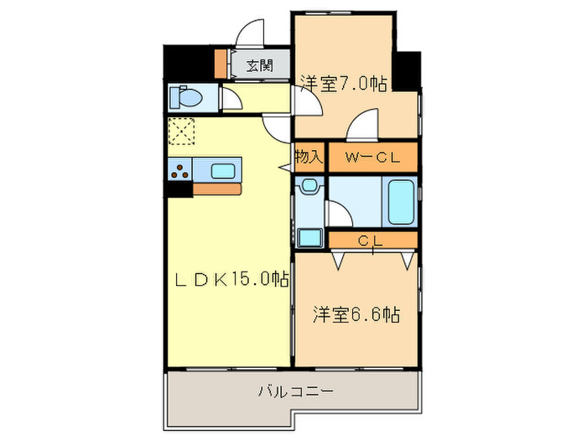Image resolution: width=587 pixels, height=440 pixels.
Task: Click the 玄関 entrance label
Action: click(258, 65)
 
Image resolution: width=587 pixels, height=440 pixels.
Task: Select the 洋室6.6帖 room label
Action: click(356, 316)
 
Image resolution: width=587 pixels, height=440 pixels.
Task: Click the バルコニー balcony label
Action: click(295, 391)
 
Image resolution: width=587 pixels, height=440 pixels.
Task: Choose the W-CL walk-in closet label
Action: click(371, 156)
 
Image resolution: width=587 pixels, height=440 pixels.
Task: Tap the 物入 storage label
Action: click(308, 156)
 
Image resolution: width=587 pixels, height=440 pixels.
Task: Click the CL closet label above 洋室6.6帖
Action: click(371, 241)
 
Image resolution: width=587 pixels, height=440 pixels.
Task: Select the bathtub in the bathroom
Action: click(401, 201)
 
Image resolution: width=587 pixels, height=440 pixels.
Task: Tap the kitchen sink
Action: click(223, 171)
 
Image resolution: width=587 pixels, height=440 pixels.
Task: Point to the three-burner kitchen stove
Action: click(179, 171)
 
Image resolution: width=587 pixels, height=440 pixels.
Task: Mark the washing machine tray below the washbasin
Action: click(309, 236)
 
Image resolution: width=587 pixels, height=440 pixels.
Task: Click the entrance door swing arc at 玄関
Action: click(250, 34)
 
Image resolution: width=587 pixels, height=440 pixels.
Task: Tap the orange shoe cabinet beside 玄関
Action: click(221, 64)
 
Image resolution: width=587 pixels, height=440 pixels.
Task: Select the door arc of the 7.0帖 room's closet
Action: click(362, 127)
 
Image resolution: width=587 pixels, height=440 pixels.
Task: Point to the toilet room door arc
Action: click(233, 100)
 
